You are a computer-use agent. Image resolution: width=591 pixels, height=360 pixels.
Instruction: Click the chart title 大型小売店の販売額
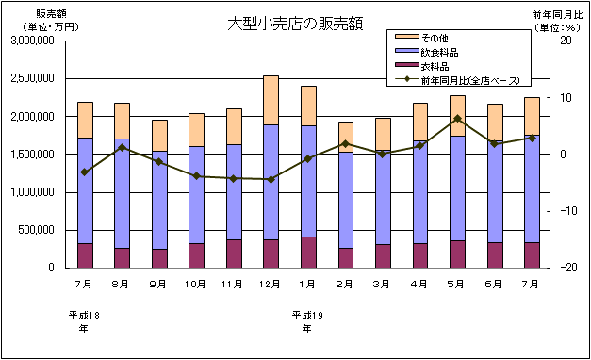[294, 23]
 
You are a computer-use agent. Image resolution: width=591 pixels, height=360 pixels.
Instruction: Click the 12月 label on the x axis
[271, 283]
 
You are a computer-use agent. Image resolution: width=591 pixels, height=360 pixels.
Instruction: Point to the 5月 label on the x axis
[456, 283]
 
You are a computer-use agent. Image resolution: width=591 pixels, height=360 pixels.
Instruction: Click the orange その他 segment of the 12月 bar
[271, 100]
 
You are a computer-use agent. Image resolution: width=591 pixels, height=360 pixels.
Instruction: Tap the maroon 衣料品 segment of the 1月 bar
[307, 253]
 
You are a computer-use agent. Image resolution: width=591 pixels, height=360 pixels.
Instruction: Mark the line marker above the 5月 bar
[456, 119]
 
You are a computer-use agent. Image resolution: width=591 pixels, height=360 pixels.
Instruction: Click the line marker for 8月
[123, 147]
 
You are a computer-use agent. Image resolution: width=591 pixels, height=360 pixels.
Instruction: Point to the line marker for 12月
[271, 179]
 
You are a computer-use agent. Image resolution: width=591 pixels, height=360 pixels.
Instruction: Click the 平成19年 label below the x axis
[307, 321]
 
